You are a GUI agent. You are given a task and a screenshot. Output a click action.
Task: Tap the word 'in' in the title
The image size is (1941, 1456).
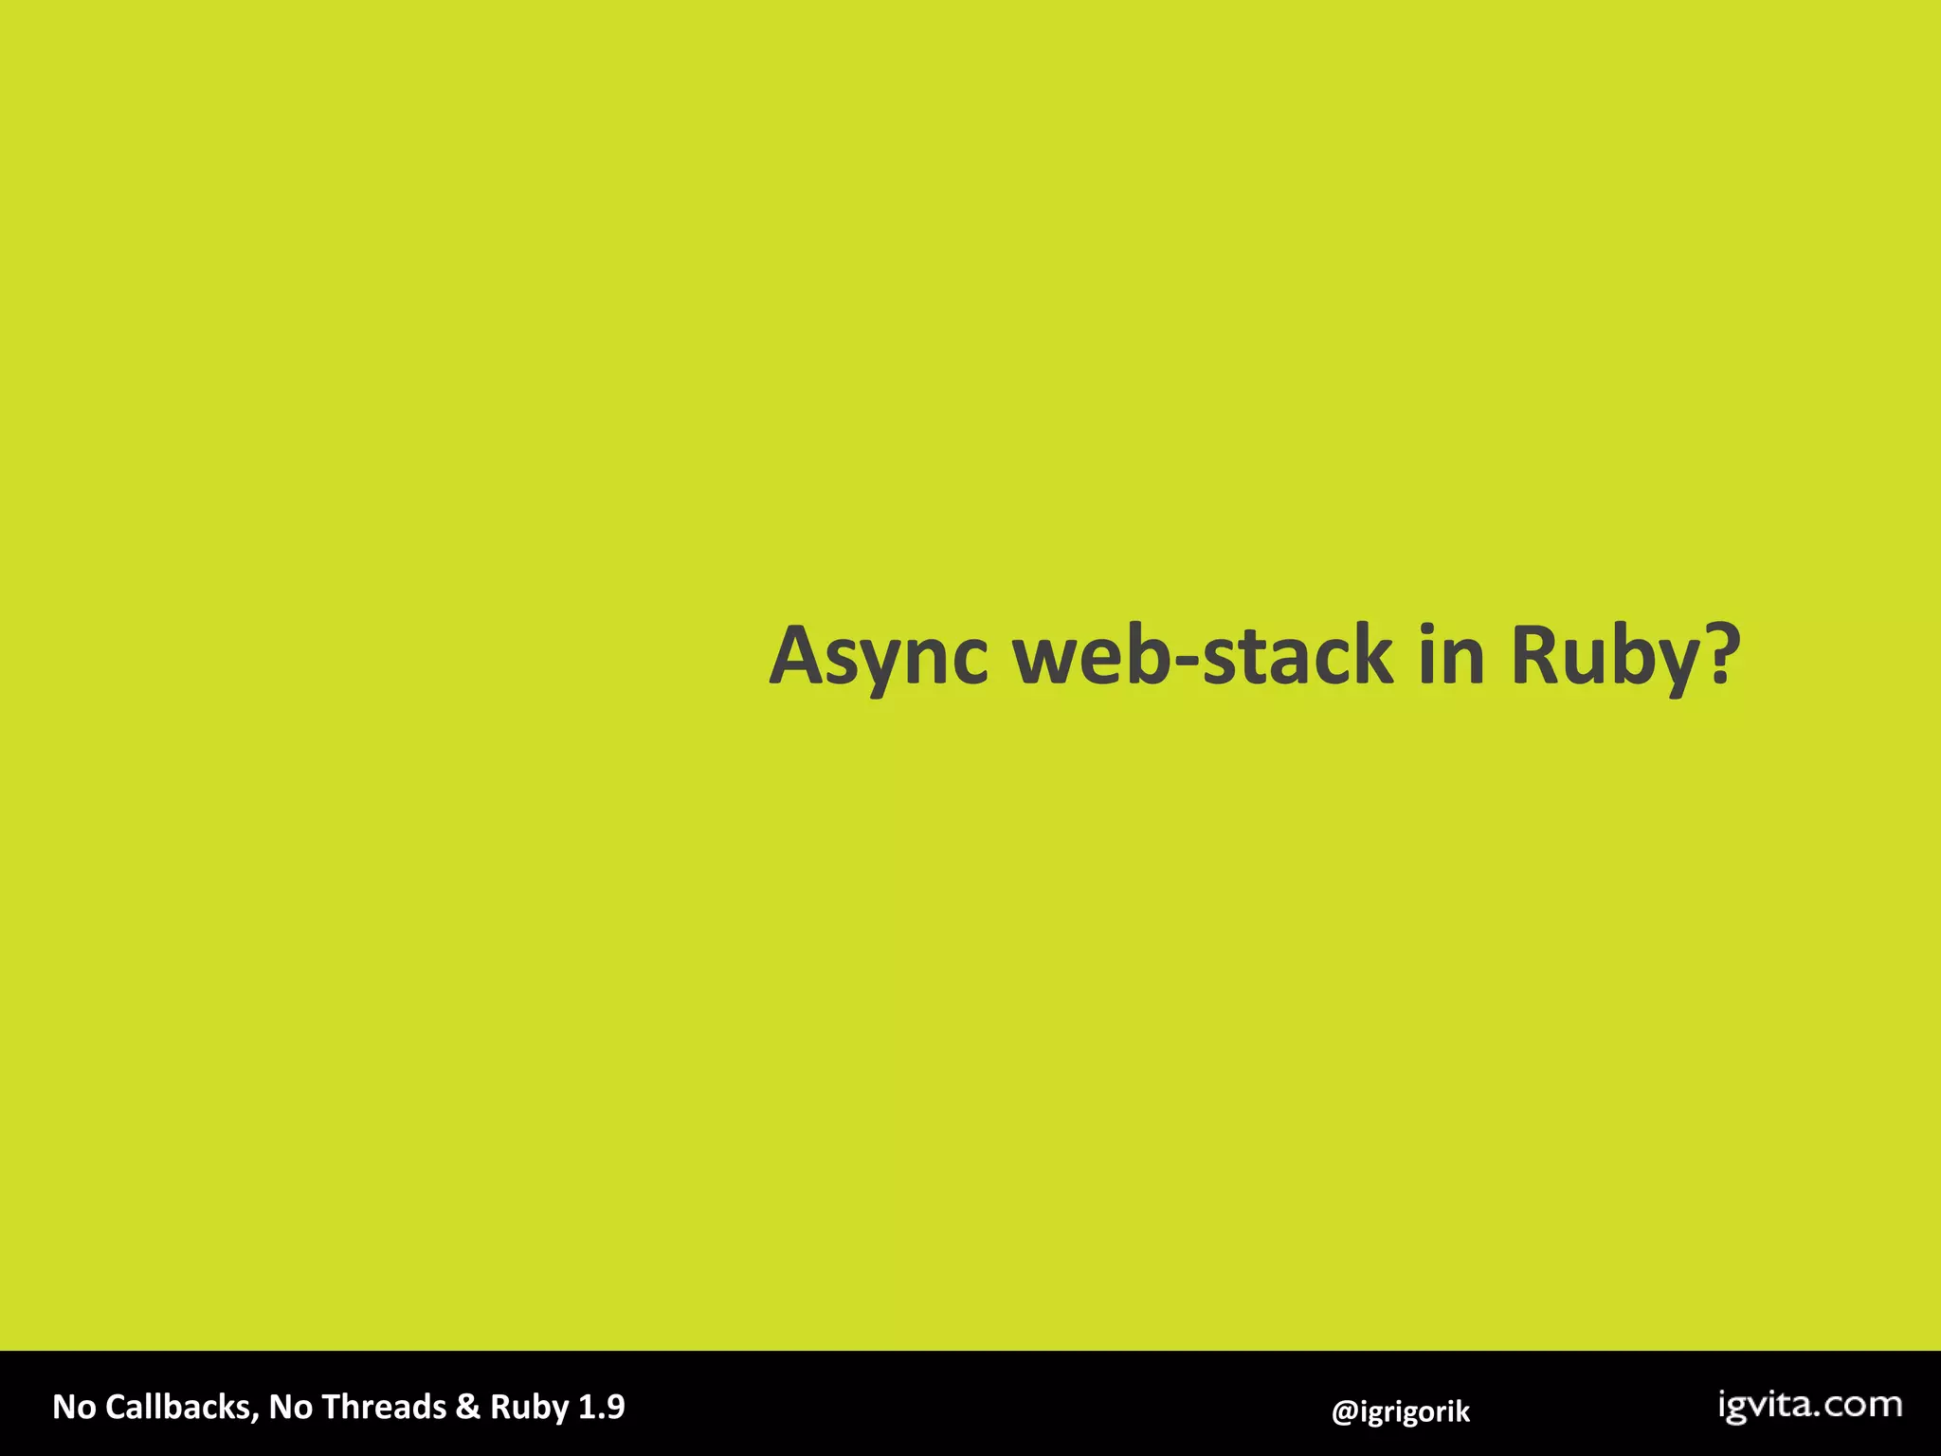(x=1451, y=656)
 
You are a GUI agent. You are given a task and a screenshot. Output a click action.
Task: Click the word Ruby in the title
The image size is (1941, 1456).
(x=1601, y=656)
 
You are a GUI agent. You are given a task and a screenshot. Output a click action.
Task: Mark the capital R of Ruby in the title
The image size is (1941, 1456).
(x=1538, y=656)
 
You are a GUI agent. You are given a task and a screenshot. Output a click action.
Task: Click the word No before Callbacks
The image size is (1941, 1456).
(x=74, y=1407)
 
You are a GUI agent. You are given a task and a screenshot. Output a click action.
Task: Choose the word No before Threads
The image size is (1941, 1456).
(x=291, y=1407)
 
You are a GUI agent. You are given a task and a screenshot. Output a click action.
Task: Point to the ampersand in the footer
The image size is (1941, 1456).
(x=467, y=1407)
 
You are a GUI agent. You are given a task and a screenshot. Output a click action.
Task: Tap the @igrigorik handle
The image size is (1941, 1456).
(x=1401, y=1411)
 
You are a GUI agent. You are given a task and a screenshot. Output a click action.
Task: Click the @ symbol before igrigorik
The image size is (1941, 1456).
(x=1345, y=1411)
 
